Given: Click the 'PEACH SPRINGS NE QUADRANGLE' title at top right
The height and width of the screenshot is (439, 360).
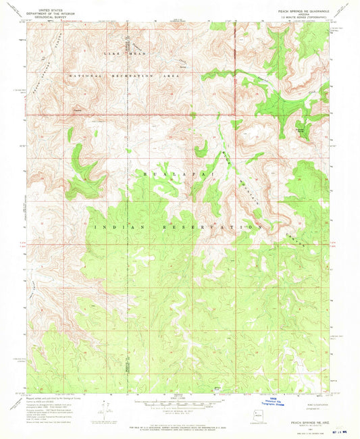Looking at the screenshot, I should [x=301, y=11].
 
